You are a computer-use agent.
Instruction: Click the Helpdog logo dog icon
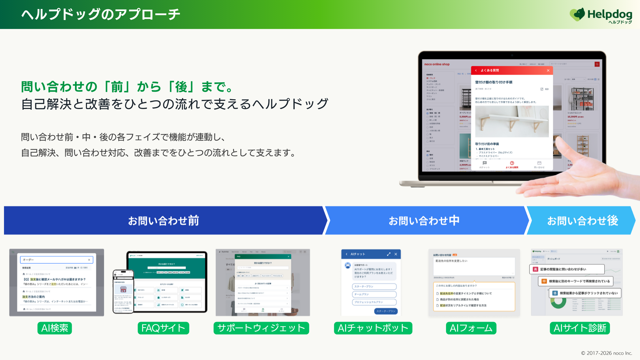(x=578, y=14)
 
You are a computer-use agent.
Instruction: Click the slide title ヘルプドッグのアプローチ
(x=101, y=14)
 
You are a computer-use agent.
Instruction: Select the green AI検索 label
(x=55, y=328)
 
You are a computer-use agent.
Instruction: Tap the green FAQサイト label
(x=163, y=328)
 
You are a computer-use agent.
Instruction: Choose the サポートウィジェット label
(x=261, y=328)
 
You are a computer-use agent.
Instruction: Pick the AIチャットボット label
(x=373, y=328)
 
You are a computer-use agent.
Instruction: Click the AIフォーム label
(x=471, y=328)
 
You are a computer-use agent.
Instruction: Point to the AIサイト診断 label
(x=580, y=328)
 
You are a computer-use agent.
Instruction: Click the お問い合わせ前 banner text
(x=163, y=221)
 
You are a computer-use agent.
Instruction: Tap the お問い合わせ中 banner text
(x=424, y=221)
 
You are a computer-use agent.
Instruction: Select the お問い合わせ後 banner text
(x=582, y=221)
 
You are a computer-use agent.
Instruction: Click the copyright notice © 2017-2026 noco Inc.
(x=606, y=353)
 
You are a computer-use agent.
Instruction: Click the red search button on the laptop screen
(x=597, y=64)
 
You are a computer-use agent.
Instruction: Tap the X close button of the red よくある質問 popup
(x=548, y=70)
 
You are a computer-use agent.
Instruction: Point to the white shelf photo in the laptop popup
(x=512, y=122)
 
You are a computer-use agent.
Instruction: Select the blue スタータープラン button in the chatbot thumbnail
(x=386, y=311)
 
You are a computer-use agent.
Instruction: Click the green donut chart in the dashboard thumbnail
(x=558, y=302)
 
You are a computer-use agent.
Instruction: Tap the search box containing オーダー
(x=56, y=260)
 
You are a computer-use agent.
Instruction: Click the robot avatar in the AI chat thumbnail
(x=348, y=265)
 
